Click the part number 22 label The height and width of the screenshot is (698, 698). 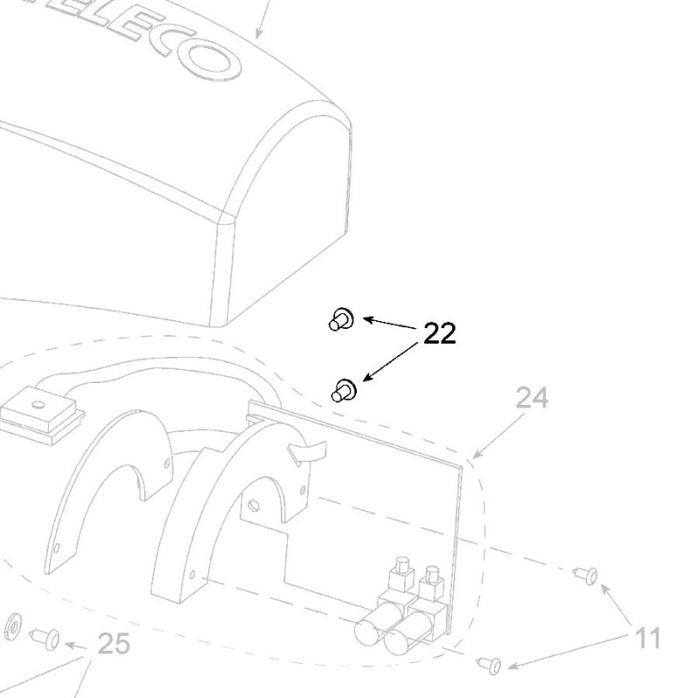pos(440,333)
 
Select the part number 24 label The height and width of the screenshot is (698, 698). pos(532,399)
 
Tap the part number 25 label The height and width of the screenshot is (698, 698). pos(113,644)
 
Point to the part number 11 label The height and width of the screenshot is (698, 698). pos(647,639)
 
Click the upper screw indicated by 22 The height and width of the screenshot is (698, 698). pos(341,320)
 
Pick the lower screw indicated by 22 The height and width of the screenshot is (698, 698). pos(343,390)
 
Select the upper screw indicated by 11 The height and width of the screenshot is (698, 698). pos(585,575)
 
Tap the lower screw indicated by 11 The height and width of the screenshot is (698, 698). pos(489,665)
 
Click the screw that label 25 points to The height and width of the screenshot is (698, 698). pos(45,638)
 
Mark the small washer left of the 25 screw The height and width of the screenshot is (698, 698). pos(13,625)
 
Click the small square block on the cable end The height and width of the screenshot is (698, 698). pos(38,410)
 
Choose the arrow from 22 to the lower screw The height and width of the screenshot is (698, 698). pos(390,361)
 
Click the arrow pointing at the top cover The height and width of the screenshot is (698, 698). pos(261,22)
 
